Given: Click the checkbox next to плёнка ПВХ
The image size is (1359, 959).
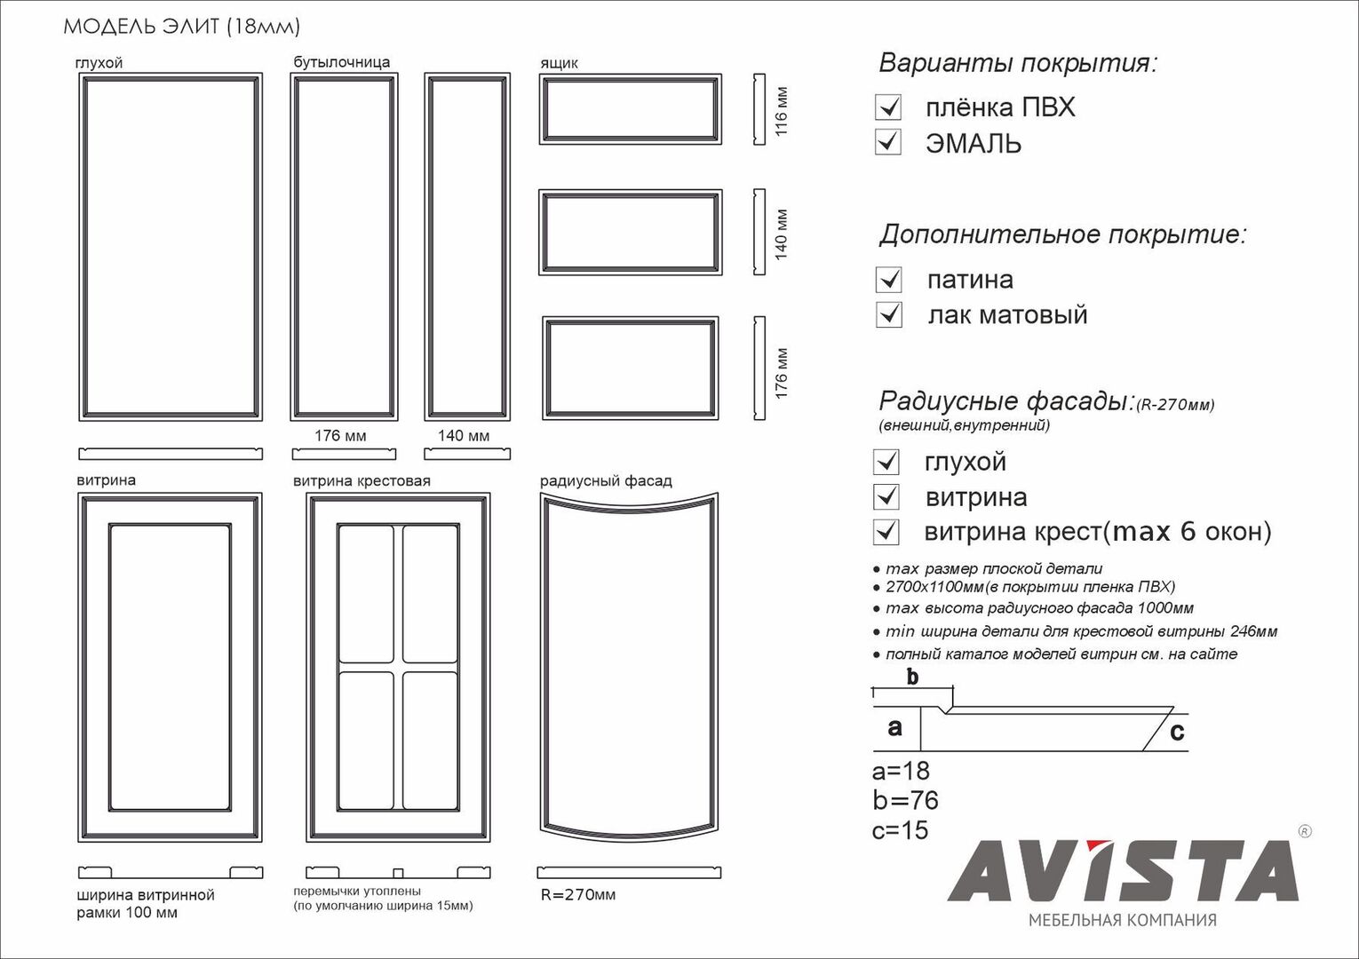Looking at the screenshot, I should [887, 107].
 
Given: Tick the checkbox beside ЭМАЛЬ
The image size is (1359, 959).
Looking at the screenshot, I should [887, 142].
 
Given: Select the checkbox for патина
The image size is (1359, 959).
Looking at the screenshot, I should [888, 280].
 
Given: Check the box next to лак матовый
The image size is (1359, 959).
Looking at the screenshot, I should [888, 314].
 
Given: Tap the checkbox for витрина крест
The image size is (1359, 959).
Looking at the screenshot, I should [886, 531].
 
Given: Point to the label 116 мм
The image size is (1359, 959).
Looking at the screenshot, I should [782, 110].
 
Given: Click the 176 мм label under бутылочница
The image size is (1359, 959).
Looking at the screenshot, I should [340, 436].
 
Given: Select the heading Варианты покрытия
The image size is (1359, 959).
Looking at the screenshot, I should [1018, 64].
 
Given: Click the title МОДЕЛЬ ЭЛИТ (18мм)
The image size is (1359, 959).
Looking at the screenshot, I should [181, 27].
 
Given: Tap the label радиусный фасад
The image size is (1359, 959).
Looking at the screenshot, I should [606, 481].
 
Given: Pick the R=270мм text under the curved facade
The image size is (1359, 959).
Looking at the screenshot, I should [578, 894].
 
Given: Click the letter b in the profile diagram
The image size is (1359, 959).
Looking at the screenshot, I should [912, 678].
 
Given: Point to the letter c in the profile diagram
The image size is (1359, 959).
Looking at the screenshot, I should [1177, 732].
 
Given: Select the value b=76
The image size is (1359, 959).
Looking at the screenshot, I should [905, 800].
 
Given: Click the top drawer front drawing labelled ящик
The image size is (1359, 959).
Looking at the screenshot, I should [630, 109].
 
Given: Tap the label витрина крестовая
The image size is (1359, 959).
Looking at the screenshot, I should [362, 481].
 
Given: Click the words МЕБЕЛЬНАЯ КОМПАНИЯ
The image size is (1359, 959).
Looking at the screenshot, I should [1122, 920].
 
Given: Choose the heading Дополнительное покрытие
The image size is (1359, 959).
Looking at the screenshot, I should [1062, 235].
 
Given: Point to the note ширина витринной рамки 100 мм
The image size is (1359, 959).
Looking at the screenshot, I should [146, 904].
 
